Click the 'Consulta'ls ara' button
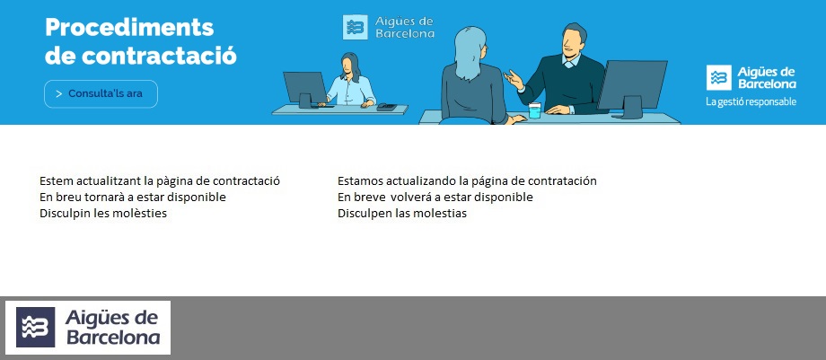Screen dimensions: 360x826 coord(101,93)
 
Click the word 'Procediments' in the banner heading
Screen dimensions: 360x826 coord(129,27)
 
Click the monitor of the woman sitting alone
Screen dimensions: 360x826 coord(305,87)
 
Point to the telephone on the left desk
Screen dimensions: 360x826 coord(386,106)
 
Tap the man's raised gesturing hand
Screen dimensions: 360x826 coord(514,81)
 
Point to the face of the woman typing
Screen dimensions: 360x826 coord(349,66)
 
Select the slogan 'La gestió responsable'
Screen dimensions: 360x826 coord(751,101)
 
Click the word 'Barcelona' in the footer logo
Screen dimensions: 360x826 coord(113,338)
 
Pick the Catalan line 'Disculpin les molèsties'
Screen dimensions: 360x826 coord(103,213)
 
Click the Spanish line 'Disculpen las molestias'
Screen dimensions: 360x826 coord(402,213)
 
